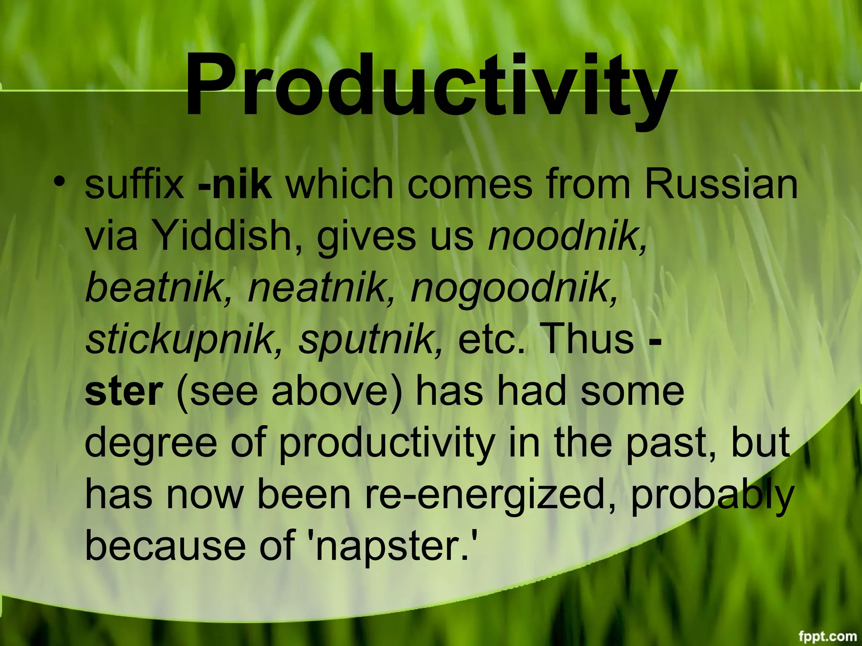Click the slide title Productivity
(431, 86)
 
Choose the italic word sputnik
(370, 341)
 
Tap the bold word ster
(124, 392)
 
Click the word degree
(151, 444)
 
